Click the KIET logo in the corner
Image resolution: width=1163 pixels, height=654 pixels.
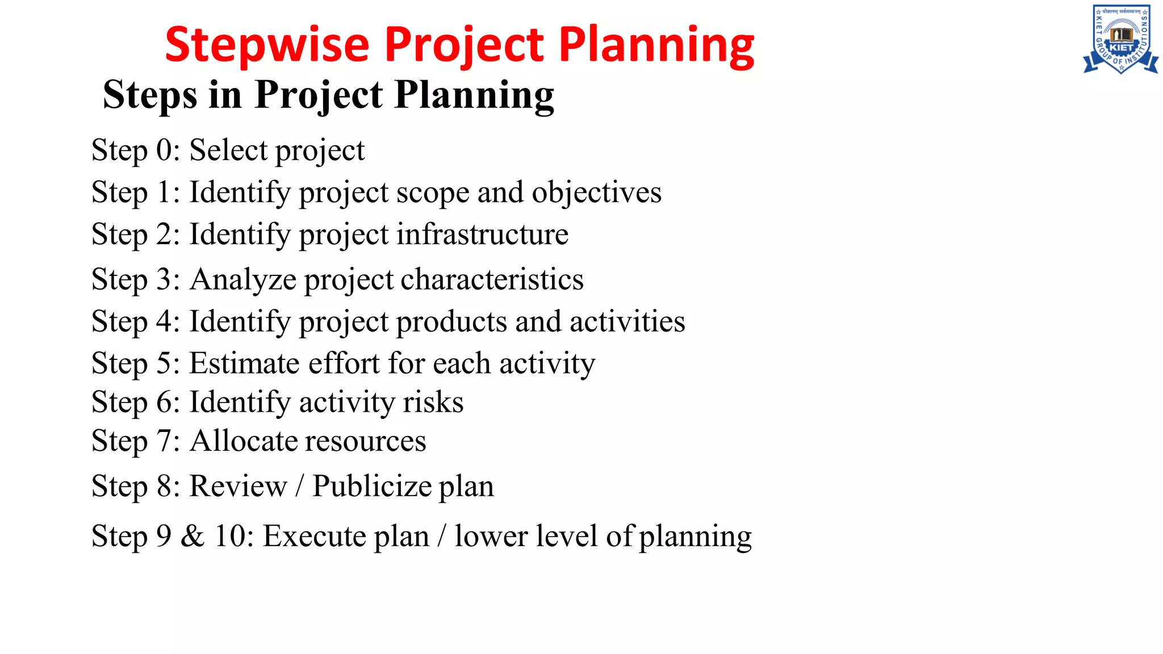pyautogui.click(x=1120, y=40)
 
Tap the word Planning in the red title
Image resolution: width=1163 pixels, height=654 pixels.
pyautogui.click(x=656, y=45)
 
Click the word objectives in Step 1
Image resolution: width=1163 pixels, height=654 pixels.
pyautogui.click(x=596, y=192)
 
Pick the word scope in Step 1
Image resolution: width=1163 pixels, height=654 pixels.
pyautogui.click(x=432, y=193)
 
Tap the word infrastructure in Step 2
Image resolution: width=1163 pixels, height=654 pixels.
pyautogui.click(x=482, y=234)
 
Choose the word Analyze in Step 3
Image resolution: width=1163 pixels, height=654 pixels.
pyautogui.click(x=244, y=280)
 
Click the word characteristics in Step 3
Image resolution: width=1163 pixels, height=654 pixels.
pyautogui.click(x=492, y=279)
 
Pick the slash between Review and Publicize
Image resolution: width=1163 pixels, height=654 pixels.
pyautogui.click(x=299, y=487)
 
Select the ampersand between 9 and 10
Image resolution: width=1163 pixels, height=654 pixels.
pyautogui.click(x=193, y=536)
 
